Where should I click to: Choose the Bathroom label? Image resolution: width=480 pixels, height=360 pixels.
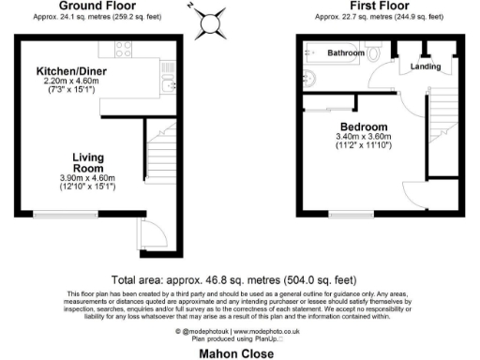346,54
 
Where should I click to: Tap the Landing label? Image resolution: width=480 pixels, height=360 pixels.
427,66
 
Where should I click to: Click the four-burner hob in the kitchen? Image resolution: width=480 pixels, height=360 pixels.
166,67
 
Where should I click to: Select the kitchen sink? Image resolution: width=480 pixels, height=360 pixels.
165,87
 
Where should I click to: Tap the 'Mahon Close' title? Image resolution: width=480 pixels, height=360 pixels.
239,353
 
